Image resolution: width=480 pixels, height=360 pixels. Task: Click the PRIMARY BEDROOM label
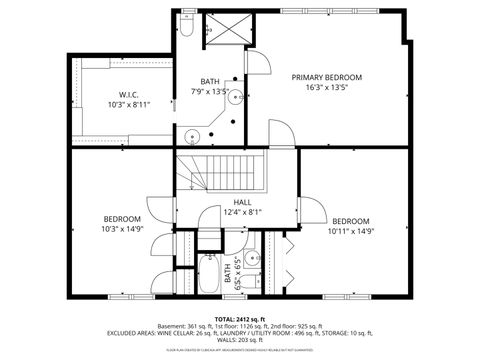pos(326,77)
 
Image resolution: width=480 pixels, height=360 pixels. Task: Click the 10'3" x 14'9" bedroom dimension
pos(122,229)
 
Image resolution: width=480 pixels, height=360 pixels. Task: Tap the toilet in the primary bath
pos(188,29)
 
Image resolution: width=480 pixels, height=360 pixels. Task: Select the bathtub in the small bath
pos(209,274)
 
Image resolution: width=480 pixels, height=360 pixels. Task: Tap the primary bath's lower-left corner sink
pos(190,135)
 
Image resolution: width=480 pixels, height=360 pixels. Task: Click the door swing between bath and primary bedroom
pos(258,62)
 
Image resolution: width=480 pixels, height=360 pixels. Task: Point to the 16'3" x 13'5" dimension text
pos(326,87)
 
